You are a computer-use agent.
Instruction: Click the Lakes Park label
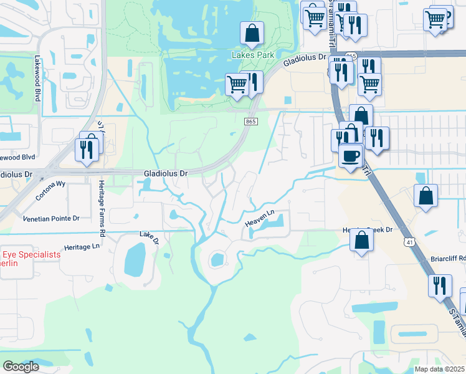[253, 55]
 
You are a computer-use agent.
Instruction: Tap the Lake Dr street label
[150, 237]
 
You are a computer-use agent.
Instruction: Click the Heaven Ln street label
[259, 218]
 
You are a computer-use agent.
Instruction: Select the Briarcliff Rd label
[448, 258]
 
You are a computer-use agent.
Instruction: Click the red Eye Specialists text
[31, 255]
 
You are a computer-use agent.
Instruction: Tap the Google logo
[21, 367]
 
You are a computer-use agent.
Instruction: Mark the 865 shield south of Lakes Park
[250, 121]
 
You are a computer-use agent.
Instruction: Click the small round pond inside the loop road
[217, 259]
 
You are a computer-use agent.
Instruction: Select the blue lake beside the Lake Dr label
[135, 259]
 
